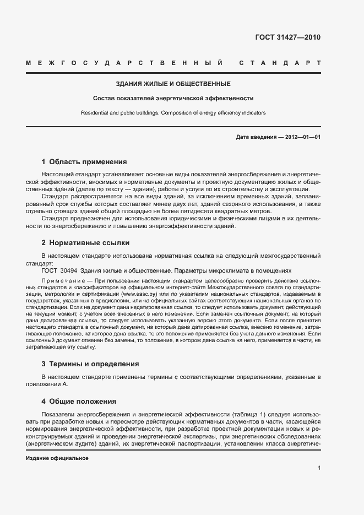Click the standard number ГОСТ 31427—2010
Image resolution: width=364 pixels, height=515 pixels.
click(287, 38)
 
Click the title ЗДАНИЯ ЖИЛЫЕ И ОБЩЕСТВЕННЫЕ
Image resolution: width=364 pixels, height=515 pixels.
click(173, 84)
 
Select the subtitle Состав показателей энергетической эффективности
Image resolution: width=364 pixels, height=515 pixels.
click(173, 99)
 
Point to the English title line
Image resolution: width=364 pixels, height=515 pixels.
click(173, 112)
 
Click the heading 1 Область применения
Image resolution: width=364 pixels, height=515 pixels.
click(84, 162)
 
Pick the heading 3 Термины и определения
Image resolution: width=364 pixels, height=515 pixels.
click(90, 364)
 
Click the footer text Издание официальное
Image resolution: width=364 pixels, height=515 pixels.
click(58, 458)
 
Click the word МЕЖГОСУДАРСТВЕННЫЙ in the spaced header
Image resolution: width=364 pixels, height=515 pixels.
click(124, 63)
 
